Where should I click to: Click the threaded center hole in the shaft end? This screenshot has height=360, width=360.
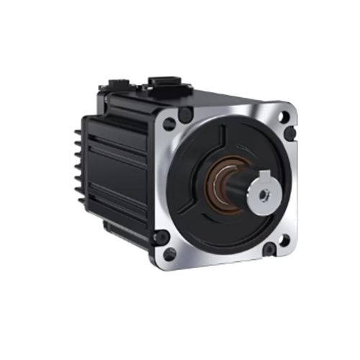[265, 192]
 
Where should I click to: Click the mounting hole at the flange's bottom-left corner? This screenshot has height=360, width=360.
[170, 253]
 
